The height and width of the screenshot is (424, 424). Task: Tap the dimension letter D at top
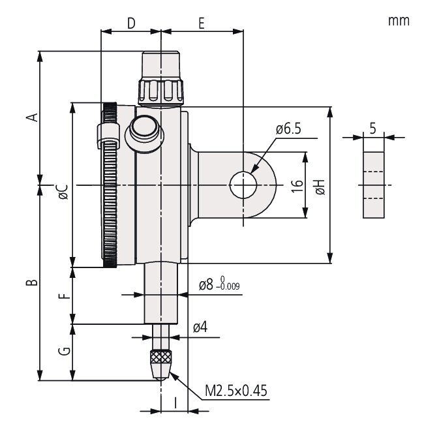pyautogui.click(x=130, y=23)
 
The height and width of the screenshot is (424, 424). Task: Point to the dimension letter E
pyautogui.click(x=201, y=23)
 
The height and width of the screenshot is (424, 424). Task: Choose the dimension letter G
pyautogui.click(x=63, y=352)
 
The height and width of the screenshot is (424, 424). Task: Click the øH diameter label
pyautogui.click(x=320, y=189)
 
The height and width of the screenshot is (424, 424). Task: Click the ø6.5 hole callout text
pyautogui.click(x=288, y=129)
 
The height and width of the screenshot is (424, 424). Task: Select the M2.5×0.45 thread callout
pyautogui.click(x=235, y=390)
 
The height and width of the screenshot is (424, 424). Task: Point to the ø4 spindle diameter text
pyautogui.click(x=200, y=327)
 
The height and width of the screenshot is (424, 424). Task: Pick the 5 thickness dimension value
pyautogui.click(x=372, y=128)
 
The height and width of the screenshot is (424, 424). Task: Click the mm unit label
pyautogui.click(x=399, y=20)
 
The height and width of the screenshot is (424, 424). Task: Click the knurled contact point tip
pyautogui.click(x=160, y=361)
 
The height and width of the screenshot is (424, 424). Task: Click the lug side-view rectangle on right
pyautogui.click(x=373, y=185)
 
